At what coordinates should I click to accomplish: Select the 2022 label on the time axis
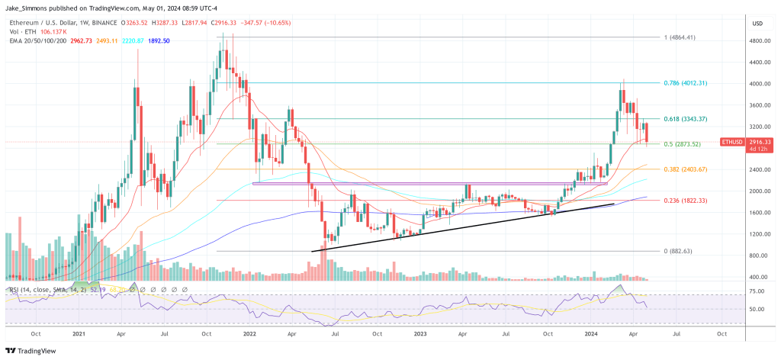point(250,333)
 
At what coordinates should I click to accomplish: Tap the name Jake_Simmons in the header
point(28,8)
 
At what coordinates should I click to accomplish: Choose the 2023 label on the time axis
point(423,333)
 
